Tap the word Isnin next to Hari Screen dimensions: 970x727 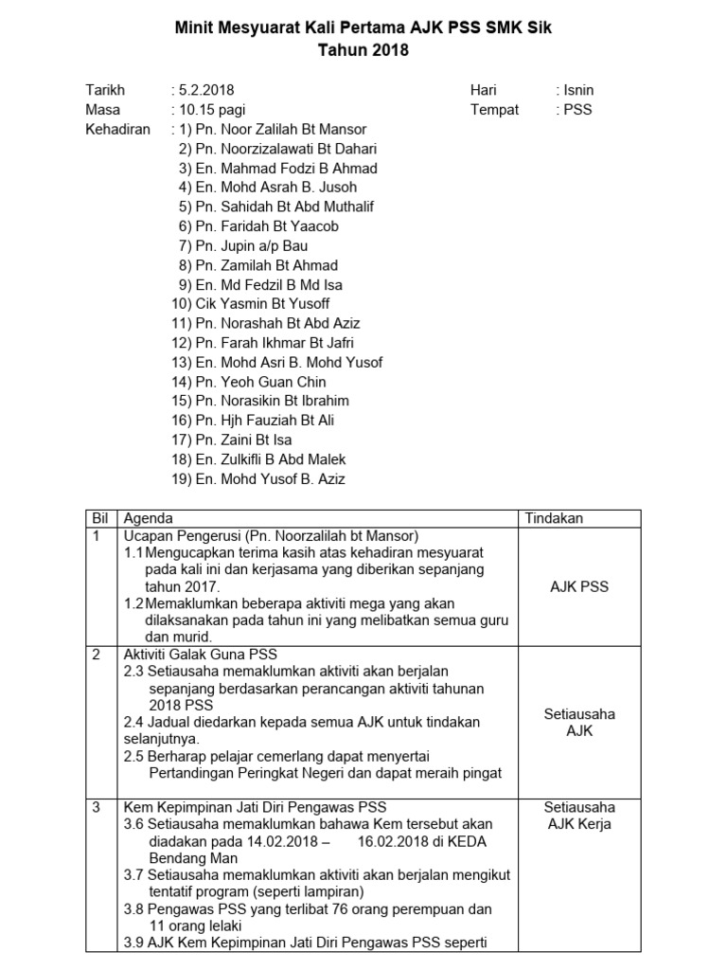pos(578,90)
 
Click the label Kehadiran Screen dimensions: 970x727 pos(117,129)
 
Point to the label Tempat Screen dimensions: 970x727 pos(494,110)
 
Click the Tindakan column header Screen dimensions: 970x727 pos(554,519)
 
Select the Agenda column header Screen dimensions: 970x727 pos(149,519)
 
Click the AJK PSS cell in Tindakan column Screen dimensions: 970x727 pos(579,586)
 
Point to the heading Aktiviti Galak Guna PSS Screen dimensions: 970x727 pos(201,655)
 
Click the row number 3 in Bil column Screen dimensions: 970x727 pos(96,808)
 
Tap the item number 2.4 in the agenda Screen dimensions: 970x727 pos(133,722)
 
